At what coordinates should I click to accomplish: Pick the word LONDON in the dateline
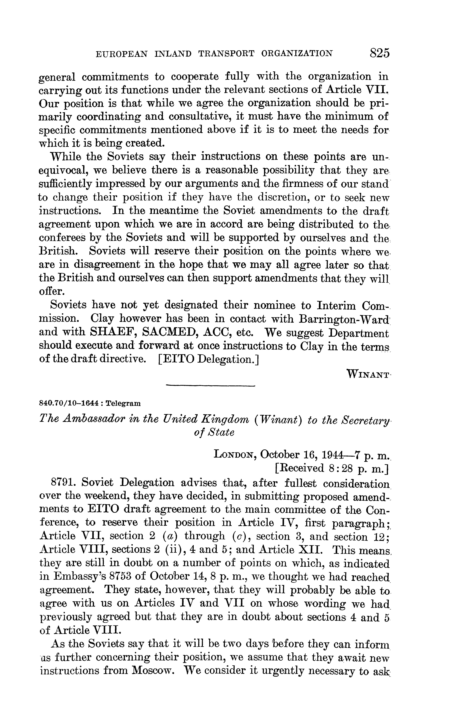click(235, 455)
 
